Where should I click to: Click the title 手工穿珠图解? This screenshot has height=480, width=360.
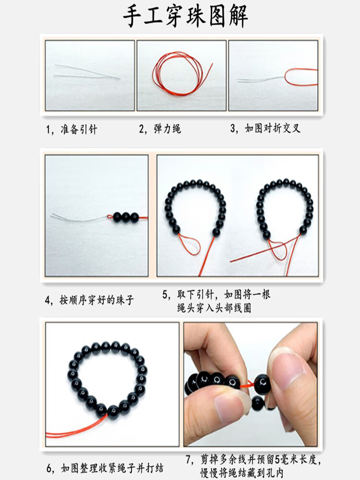pyautogui.click(x=185, y=16)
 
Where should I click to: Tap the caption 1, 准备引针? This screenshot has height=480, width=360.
pyautogui.click(x=72, y=130)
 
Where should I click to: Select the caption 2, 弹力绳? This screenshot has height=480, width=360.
pyautogui.click(x=160, y=129)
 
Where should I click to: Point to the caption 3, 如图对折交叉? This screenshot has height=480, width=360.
pyautogui.click(x=265, y=128)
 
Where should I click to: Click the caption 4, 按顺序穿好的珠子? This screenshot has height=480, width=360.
pyautogui.click(x=89, y=300)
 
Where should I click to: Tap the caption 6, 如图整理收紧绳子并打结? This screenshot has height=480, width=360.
pyautogui.click(x=105, y=468)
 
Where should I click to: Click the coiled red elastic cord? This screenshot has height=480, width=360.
pyautogui.click(x=180, y=73)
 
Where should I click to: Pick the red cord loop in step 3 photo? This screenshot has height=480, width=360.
pyautogui.click(x=301, y=77)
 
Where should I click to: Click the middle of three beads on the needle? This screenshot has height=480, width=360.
pyautogui.click(x=126, y=217)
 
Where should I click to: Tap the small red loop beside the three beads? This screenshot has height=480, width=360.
pyautogui.click(x=110, y=217)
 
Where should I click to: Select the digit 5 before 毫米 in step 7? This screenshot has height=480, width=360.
pyautogui.click(x=278, y=459)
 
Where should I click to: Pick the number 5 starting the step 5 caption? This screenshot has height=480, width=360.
pyautogui.click(x=165, y=295)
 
